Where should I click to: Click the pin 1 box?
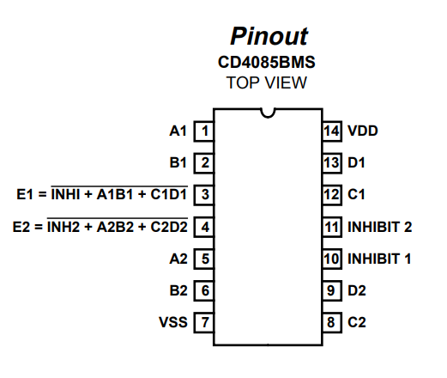tap(204, 131)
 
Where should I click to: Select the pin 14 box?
tap(332, 131)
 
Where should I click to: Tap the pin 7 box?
tap(204, 322)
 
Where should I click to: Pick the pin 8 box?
tap(332, 322)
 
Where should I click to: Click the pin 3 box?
tap(204, 195)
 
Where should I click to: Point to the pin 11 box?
tap(332, 227)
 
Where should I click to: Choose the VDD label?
tap(363, 131)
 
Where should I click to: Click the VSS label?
tap(173, 322)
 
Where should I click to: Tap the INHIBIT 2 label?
tap(380, 227)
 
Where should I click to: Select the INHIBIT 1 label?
tap(379, 259)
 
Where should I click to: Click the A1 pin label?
tap(178, 131)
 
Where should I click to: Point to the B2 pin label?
tap(178, 290)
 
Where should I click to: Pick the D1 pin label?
tap(356, 162)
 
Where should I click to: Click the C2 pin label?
tap(357, 322)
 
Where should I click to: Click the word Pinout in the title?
tap(269, 36)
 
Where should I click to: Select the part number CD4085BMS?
tap(267, 62)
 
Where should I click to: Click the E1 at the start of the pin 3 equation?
tap(25, 194)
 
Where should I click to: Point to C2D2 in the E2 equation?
tap(169, 227)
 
